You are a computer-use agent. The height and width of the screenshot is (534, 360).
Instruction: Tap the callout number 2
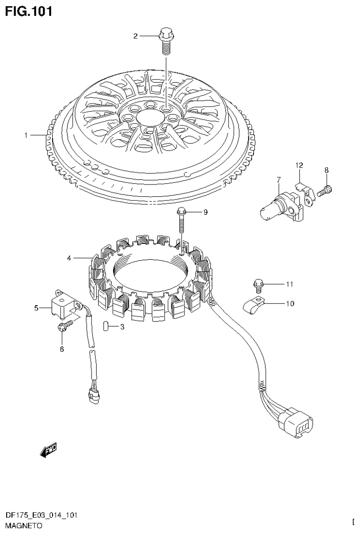(135, 36)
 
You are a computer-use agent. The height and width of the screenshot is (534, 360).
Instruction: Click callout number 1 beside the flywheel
(27, 135)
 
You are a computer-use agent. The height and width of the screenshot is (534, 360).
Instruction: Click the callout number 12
(299, 165)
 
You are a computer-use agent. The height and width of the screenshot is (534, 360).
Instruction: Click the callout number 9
(205, 212)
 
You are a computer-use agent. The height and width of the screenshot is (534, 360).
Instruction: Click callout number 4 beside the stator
(69, 258)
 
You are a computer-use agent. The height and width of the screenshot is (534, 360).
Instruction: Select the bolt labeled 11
(258, 284)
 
